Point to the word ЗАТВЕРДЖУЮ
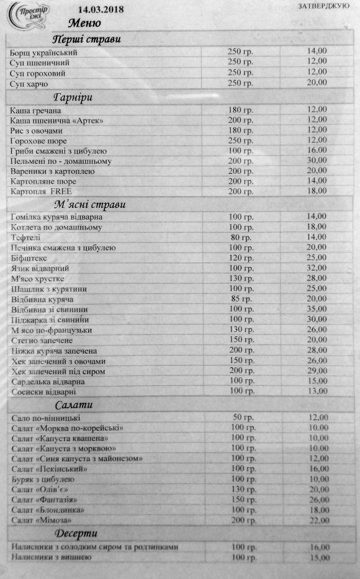coord(322,6)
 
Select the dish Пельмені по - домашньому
coord(61,161)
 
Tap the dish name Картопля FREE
coord(42,191)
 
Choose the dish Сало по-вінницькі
coord(47,418)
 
